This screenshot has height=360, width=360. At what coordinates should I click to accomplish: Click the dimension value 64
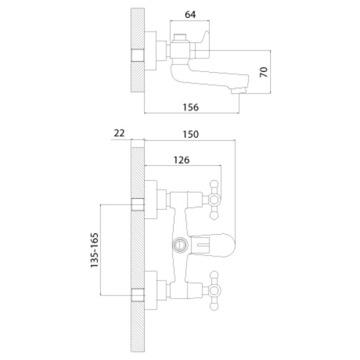190,14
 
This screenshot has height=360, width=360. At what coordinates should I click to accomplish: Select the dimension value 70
264,72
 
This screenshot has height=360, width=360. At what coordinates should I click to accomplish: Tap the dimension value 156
191,107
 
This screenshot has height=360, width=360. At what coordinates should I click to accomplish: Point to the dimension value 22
119,133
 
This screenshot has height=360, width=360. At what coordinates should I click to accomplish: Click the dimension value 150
191,134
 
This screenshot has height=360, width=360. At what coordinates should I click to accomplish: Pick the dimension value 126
181,160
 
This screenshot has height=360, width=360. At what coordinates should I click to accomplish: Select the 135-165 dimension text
94,250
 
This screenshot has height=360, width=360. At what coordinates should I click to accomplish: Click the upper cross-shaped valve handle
214,200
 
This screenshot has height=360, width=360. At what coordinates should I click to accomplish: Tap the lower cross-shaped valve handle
214,290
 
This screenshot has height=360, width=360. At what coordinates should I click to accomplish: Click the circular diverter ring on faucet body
180,245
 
